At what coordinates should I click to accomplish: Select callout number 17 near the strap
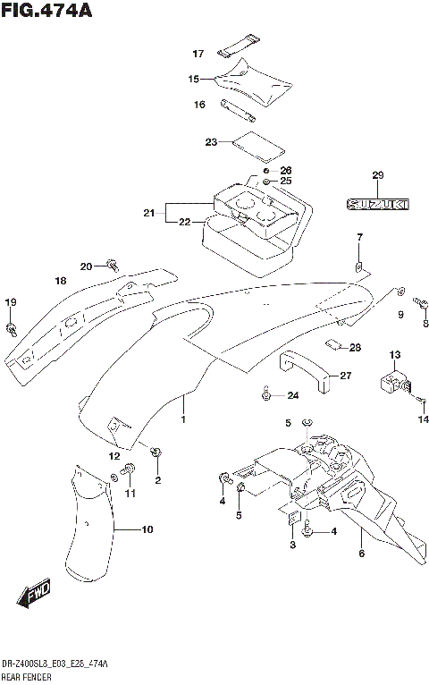click(x=198, y=54)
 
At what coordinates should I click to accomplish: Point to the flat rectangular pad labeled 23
click(x=256, y=143)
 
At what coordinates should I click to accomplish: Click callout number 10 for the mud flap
click(x=147, y=529)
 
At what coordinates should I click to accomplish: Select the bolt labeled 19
click(x=11, y=328)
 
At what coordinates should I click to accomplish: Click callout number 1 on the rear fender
click(x=183, y=420)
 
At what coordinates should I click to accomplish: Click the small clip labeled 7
click(x=358, y=266)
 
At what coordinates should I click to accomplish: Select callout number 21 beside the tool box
click(x=147, y=213)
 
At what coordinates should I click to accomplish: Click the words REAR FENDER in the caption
click(x=28, y=678)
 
